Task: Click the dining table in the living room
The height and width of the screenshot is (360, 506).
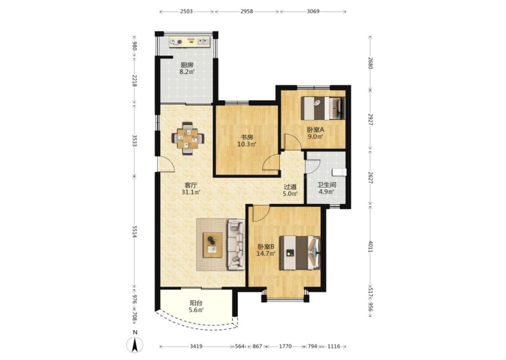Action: [x=187, y=139]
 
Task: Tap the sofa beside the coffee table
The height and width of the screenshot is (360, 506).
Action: [x=236, y=244]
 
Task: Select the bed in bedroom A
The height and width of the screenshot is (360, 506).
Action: [x=323, y=108]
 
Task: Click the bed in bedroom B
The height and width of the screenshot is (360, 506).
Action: [x=300, y=252]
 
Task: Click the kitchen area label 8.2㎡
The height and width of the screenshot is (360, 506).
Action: [x=187, y=72]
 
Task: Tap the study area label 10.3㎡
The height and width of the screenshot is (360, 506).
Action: [x=246, y=144]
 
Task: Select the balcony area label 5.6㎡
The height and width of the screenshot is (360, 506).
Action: [x=196, y=310]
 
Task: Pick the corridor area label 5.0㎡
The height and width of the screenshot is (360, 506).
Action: [x=290, y=193]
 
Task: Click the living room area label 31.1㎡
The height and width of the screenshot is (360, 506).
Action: [x=191, y=193]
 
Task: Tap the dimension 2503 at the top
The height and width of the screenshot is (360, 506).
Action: [x=186, y=11]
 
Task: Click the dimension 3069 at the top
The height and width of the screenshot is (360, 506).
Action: [x=313, y=11]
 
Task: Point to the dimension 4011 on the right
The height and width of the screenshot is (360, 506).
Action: [x=370, y=247]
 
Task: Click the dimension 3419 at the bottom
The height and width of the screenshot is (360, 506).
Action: [x=196, y=346]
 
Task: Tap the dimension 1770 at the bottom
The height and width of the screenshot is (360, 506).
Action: [x=285, y=346]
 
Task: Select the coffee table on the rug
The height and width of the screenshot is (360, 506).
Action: [x=212, y=245]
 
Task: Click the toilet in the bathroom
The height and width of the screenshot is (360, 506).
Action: [x=340, y=172]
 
